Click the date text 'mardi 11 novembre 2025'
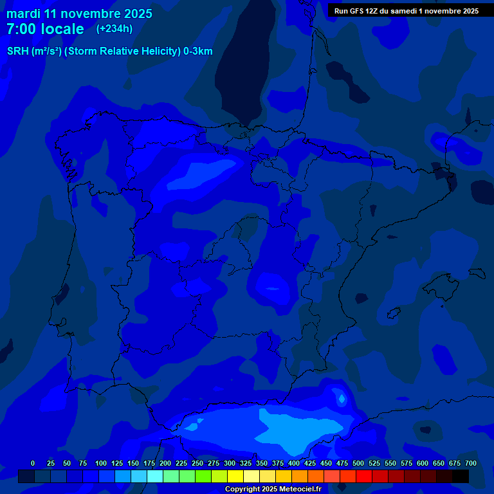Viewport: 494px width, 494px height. coord(79,14)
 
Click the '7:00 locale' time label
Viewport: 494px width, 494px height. coord(45,29)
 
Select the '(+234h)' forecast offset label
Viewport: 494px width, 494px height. coord(114,28)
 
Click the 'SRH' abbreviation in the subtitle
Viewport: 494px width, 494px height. coord(17,51)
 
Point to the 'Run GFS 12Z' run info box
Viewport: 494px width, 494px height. coord(406,10)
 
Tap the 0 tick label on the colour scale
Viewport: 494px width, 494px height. coord(33,463)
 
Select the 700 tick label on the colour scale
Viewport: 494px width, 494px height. coord(470,463)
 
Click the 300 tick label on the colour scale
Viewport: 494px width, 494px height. coord(230,463)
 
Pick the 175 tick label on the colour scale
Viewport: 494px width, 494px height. coord(149,463)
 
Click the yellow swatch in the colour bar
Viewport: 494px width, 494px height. coord(235,476)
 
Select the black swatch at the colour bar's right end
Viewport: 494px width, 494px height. coord(461,476)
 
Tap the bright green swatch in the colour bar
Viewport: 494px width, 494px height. coord(203,476)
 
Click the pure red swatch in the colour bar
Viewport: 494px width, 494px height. coord(364,476)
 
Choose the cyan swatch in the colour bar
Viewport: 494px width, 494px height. coord(155,476)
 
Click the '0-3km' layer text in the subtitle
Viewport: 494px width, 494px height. coord(198,51)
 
